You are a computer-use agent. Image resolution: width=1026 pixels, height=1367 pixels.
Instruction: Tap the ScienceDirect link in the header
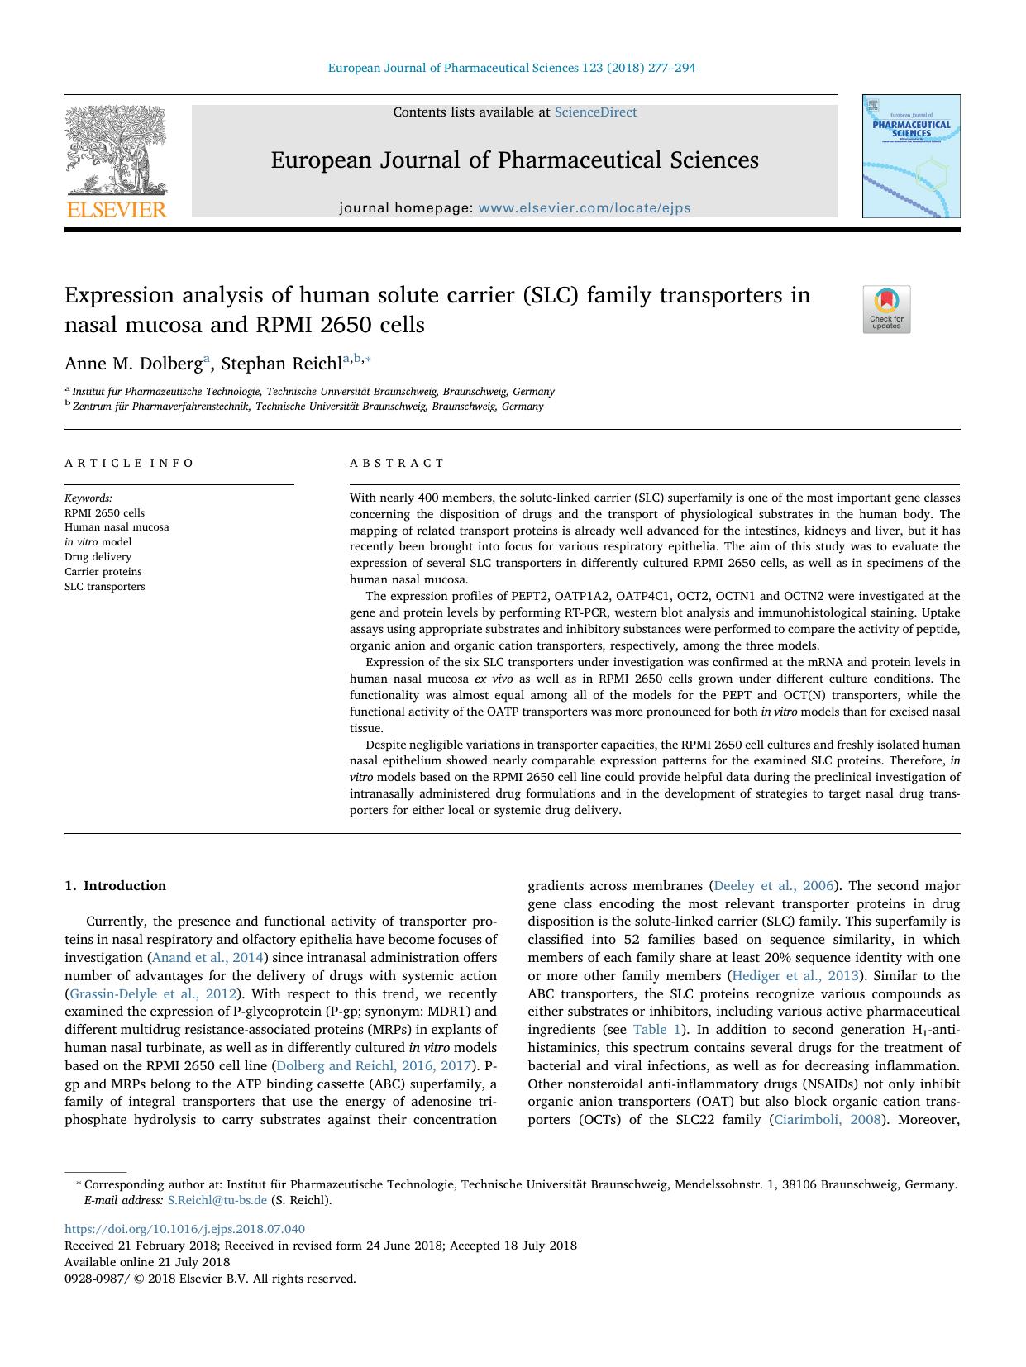pyautogui.click(x=595, y=112)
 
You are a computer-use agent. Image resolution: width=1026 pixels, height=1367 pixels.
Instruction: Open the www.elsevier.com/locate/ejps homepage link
pyautogui.click(x=585, y=208)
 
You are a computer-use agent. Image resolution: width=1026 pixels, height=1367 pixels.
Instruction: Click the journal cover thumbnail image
pyautogui.click(x=911, y=157)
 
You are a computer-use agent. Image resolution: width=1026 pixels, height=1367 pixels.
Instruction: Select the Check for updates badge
pyautogui.click(x=886, y=309)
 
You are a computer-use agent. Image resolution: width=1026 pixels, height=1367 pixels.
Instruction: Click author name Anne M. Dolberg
pyautogui.click(x=133, y=364)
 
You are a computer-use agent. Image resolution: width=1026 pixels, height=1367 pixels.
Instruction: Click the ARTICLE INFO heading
pyautogui.click(x=130, y=463)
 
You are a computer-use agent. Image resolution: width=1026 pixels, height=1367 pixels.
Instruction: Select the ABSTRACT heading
pyautogui.click(x=397, y=463)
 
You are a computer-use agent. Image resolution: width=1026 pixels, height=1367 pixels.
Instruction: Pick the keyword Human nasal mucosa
pyautogui.click(x=117, y=527)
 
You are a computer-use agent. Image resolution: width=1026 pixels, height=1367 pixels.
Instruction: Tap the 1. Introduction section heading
pyautogui.click(x=115, y=885)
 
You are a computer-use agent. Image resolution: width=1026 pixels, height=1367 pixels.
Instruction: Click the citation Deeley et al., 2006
pyautogui.click(x=773, y=886)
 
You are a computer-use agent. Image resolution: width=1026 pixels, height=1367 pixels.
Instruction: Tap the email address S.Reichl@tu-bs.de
pyautogui.click(x=217, y=1200)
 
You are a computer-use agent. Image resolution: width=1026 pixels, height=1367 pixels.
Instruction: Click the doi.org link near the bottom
pyautogui.click(x=184, y=1229)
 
